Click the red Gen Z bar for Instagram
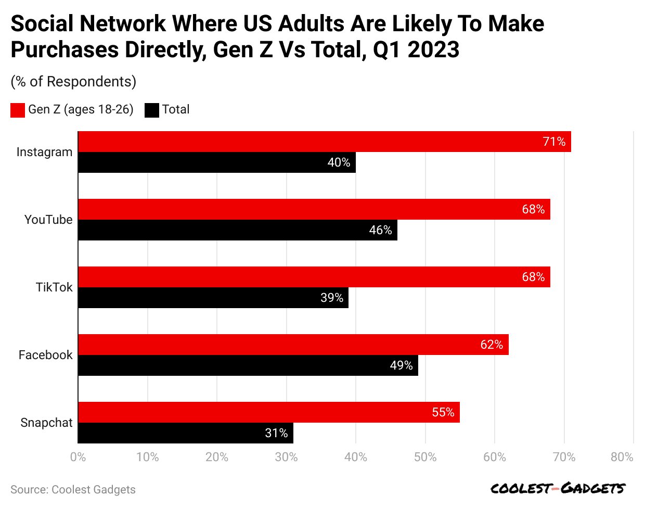click(x=325, y=142)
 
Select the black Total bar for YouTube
click(x=238, y=230)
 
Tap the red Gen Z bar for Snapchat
click(x=269, y=412)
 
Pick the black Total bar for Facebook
click(x=248, y=365)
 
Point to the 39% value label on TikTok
click(x=332, y=298)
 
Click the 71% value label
click(x=554, y=142)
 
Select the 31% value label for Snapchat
click(x=276, y=433)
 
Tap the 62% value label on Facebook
click(x=492, y=345)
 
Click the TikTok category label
click(x=54, y=287)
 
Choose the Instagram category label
click(x=44, y=152)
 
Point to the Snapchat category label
click(x=46, y=423)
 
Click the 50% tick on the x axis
click(x=425, y=457)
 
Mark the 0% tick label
click(x=78, y=457)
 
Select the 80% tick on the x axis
click(x=622, y=457)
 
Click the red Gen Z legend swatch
click(x=18, y=110)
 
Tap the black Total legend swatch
click(x=151, y=110)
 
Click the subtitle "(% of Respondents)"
click(x=73, y=82)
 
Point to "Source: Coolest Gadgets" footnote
click(x=73, y=489)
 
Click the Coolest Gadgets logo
click(x=558, y=488)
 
